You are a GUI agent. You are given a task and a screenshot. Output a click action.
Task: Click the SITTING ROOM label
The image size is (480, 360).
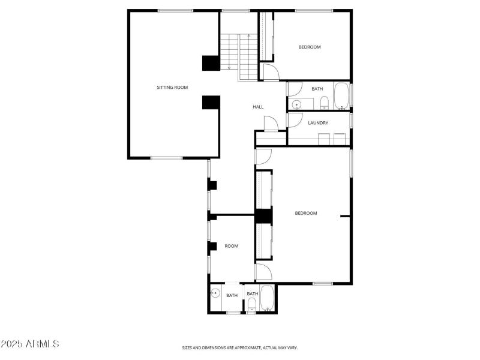(x=172, y=88)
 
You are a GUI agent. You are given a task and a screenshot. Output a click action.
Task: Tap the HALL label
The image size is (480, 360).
(x=258, y=107)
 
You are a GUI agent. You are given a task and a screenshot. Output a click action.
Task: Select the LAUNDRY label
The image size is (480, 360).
(x=318, y=123)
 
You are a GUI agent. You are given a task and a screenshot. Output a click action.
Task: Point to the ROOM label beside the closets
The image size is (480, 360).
(x=231, y=246)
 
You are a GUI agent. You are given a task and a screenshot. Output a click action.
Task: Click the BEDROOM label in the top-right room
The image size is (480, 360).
(x=310, y=47)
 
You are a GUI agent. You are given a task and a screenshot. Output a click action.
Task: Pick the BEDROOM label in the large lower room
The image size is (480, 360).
(x=305, y=213)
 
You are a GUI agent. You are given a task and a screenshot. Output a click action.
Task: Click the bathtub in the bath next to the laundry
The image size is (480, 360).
(x=341, y=96)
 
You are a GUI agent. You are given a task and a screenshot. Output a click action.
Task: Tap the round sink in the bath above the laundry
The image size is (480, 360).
(x=295, y=105)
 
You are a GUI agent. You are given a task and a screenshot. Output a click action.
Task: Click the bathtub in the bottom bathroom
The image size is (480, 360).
(x=267, y=298)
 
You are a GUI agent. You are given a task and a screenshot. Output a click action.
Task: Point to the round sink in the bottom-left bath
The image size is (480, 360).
(x=215, y=293)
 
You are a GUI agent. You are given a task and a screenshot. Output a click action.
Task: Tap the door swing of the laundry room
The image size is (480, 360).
(x=294, y=119)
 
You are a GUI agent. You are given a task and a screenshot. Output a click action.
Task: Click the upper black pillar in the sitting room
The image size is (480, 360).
(x=211, y=63)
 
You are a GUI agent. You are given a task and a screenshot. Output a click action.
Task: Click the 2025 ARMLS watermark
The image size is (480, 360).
(x=30, y=344)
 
